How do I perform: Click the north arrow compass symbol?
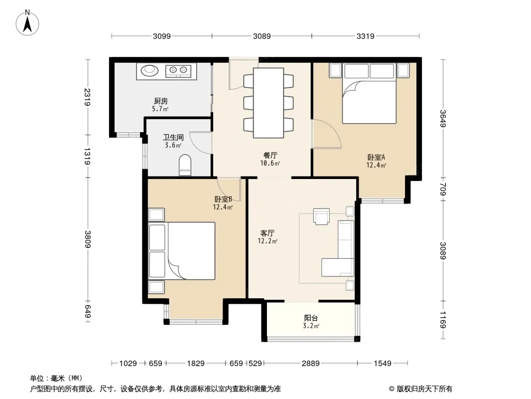click(27, 22)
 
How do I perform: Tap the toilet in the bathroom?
click(185, 165)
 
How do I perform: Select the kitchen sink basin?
click(149, 70)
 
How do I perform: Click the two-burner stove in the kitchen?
click(178, 70)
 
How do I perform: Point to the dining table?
click(268, 103)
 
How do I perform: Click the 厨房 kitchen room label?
click(160, 101)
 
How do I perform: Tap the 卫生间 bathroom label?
click(173, 137)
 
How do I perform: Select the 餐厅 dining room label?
click(270, 155)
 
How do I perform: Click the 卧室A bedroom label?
click(376, 157)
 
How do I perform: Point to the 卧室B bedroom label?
click(223, 199)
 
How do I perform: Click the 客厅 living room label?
click(267, 233)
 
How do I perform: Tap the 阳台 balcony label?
click(311, 318)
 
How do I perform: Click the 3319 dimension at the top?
click(366, 36)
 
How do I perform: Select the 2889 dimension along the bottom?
click(310, 364)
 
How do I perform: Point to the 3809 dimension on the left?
click(88, 239)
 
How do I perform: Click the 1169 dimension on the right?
click(443, 320)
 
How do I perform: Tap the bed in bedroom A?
click(369, 93)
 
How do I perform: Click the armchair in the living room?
click(321, 216)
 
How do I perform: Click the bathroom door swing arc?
click(200, 142)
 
